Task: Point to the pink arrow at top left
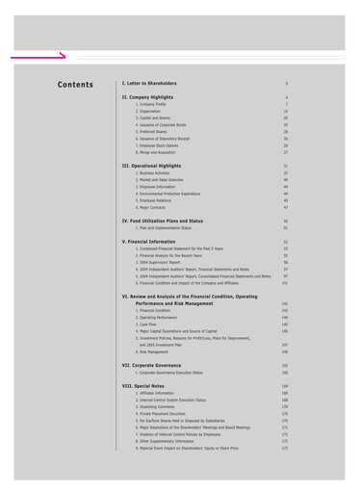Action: (x=48, y=55)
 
